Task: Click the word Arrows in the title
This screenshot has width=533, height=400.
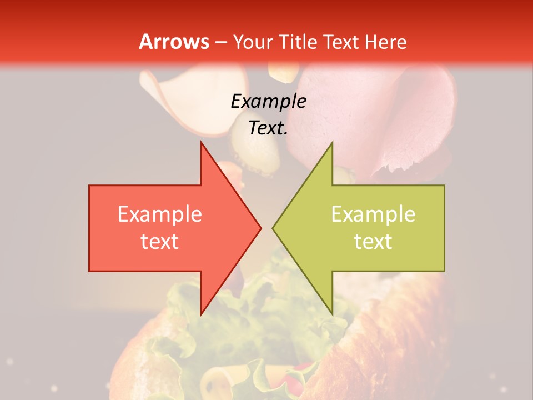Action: pyautogui.click(x=174, y=42)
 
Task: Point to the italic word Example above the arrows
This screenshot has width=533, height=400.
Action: pyautogui.click(x=268, y=101)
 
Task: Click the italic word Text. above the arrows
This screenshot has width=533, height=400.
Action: pyautogui.click(x=268, y=128)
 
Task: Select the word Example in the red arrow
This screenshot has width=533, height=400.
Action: pyautogui.click(x=159, y=214)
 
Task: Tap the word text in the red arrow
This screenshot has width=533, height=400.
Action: pyautogui.click(x=159, y=241)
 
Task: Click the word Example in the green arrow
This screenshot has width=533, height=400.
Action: pyautogui.click(x=373, y=214)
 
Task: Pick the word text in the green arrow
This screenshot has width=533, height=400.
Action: pyautogui.click(x=373, y=241)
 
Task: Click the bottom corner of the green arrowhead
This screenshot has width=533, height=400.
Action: pyautogui.click(x=332, y=313)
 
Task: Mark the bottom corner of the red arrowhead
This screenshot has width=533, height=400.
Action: pyautogui.click(x=201, y=313)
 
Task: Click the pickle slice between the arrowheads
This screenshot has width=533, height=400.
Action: pyautogui.click(x=253, y=156)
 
